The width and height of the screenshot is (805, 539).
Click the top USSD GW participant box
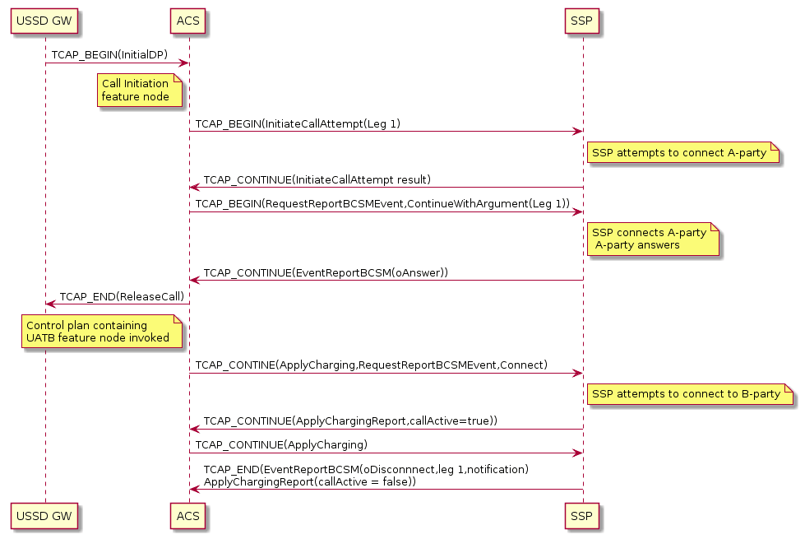pyautogui.click(x=45, y=21)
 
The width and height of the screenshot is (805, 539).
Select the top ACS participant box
pyautogui.click(x=188, y=21)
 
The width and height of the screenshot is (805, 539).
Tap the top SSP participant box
pyautogui.click(x=581, y=21)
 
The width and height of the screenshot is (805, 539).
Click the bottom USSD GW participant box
pyautogui.click(x=45, y=517)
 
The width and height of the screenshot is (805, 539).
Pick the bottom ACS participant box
pyautogui.click(x=188, y=517)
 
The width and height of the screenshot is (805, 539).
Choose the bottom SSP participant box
pyautogui.click(x=581, y=517)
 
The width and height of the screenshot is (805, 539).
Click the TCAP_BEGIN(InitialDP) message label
pyautogui.click(x=109, y=54)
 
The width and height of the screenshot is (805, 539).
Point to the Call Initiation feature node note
pyautogui.click(x=136, y=90)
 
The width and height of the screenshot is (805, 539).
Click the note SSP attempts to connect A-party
pyautogui.click(x=682, y=152)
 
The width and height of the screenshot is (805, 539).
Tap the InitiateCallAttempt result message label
pyautogui.click(x=317, y=179)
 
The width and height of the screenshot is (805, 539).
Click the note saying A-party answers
pyautogui.click(x=653, y=239)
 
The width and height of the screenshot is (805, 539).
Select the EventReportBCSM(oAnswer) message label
pyautogui.click(x=326, y=272)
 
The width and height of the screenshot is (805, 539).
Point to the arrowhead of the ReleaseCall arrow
pyautogui.click(x=49, y=304)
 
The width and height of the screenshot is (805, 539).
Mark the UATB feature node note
pyautogui.click(x=100, y=332)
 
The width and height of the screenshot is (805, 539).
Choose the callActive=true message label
pyautogui.click(x=350, y=421)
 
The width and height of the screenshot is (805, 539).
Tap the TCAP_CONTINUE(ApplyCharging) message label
pyautogui.click(x=281, y=445)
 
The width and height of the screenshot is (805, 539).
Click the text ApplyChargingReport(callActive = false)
pyautogui.click(x=310, y=481)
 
